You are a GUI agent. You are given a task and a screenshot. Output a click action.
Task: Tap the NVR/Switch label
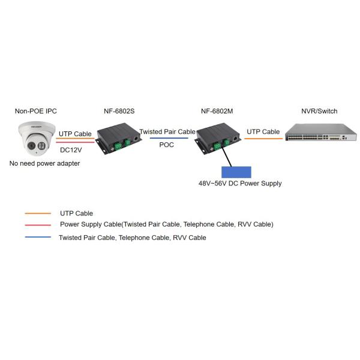coord(319,112)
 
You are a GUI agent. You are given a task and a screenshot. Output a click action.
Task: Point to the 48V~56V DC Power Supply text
coord(240,184)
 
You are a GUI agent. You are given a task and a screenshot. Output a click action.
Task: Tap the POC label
coord(167,145)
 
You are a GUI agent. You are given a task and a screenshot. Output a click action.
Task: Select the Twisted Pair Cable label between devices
coord(167,131)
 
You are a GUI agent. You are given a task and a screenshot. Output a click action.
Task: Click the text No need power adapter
coord(45,163)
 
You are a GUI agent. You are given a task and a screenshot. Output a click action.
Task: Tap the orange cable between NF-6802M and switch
coord(263,139)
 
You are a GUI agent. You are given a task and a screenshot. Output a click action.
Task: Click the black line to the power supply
coord(227,155)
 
